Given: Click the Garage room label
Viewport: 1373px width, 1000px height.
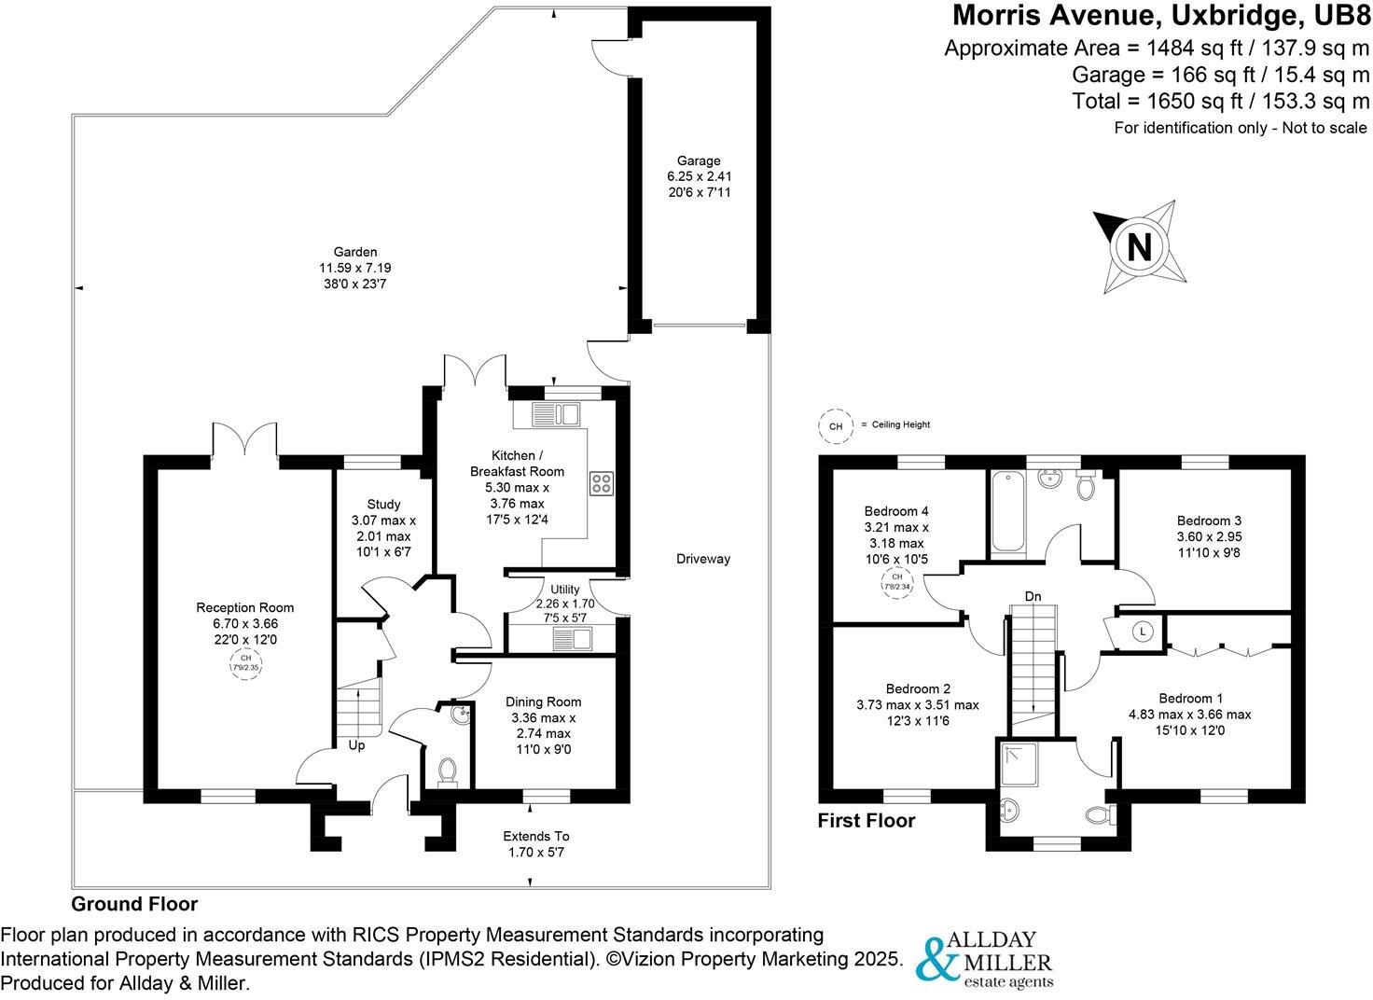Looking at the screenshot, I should pos(699,160).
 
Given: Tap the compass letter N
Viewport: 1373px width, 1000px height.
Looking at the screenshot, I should pos(1138,248).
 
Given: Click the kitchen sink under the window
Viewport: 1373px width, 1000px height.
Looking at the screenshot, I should pos(557,413).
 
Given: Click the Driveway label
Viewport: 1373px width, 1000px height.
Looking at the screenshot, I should pos(703,559).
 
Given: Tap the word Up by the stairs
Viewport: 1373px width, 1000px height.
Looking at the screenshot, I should pos(356,745).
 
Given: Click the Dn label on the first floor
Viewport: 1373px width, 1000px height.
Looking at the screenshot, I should pos(1033,596).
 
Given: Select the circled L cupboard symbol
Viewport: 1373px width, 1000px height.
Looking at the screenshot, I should pos(1144,632).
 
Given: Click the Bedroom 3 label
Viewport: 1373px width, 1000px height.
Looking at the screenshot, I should pos(1209,521).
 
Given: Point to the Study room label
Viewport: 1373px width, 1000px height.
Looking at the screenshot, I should pos(383,505).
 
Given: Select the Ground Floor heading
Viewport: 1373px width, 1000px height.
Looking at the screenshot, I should pos(134,904).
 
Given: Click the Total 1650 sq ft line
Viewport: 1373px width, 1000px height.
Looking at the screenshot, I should pos(1220,101).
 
